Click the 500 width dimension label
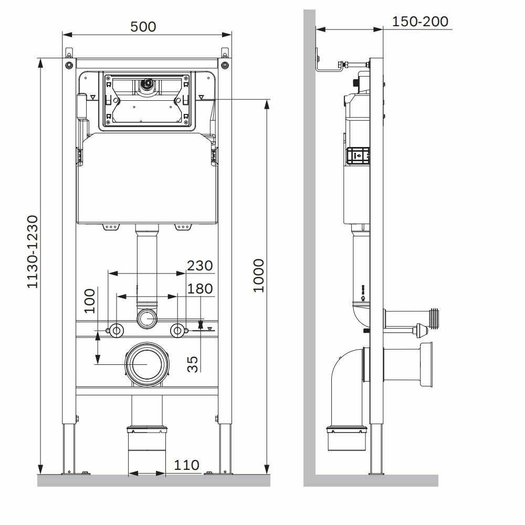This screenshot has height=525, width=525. coord(144,26)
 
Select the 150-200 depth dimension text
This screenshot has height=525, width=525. coord(421,21)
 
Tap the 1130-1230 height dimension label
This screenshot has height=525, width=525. coord(33,251)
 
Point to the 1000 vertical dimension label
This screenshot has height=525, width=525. coord(259,276)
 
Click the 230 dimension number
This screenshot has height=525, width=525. coord(200,266)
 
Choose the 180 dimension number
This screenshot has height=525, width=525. coord(200,289)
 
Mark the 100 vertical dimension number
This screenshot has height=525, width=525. coord(90,300)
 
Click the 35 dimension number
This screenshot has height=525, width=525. coord(193,364)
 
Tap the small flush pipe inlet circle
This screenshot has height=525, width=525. coord(147,318)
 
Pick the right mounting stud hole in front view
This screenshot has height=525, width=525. coord(178,330)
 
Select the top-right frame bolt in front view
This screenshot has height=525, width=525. coord(225,65)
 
